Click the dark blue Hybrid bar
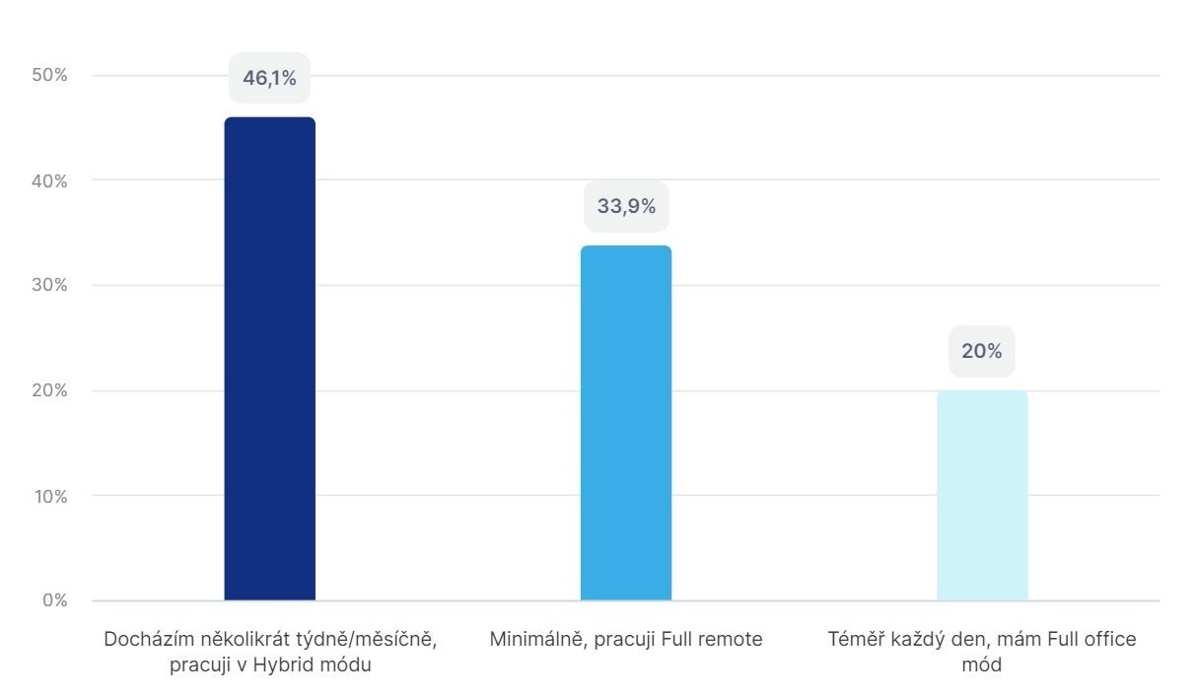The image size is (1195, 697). click(x=269, y=359)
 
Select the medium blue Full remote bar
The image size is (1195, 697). click(x=625, y=423)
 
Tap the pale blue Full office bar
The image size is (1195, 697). click(x=982, y=495)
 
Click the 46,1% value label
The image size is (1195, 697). click(x=269, y=79)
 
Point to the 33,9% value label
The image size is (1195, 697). click(x=626, y=206)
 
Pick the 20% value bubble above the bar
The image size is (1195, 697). click(x=981, y=351)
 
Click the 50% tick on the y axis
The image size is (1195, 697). click(x=48, y=76)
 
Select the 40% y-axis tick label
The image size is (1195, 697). click(x=48, y=180)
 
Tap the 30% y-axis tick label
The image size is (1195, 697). click(x=48, y=286)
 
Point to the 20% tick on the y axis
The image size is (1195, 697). click(x=48, y=390)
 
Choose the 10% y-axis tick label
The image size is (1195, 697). click(x=48, y=496)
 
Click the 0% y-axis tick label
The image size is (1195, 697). click(x=53, y=600)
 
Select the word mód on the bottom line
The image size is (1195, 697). click(x=981, y=665)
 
